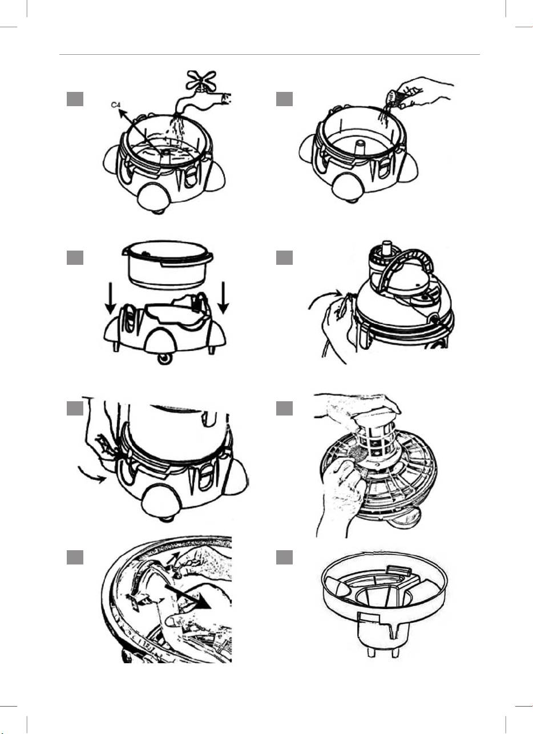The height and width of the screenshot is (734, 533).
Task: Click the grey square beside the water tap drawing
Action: (75, 99)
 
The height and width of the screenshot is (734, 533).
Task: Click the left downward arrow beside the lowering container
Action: (110, 298)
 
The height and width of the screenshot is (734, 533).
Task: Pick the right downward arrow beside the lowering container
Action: (224, 297)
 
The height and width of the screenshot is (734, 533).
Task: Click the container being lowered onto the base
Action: (168, 264)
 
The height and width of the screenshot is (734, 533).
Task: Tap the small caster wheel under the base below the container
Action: (164, 359)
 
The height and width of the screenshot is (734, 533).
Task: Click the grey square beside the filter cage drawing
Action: (284, 408)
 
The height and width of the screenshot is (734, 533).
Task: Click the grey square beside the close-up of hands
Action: (75, 558)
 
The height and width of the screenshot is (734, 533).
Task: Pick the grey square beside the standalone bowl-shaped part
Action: (284, 558)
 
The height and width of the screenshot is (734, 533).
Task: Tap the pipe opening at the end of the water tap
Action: (227, 99)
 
